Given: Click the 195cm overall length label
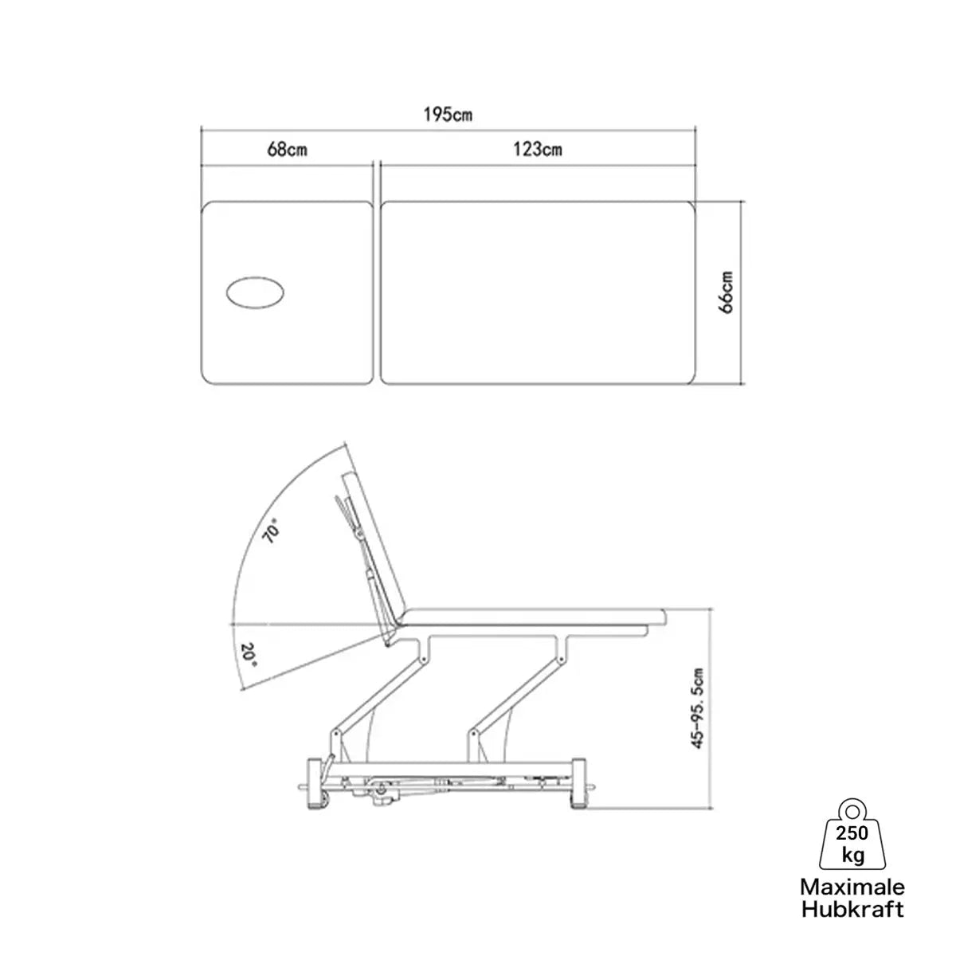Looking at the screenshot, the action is click(448, 115).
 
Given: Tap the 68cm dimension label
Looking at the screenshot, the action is click(287, 149).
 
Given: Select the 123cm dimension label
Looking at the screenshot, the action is click(537, 149).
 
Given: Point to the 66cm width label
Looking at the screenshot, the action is click(726, 292).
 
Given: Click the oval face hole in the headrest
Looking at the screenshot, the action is click(256, 293).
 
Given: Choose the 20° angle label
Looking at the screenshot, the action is click(249, 655).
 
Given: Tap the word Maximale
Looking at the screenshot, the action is click(852, 887).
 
